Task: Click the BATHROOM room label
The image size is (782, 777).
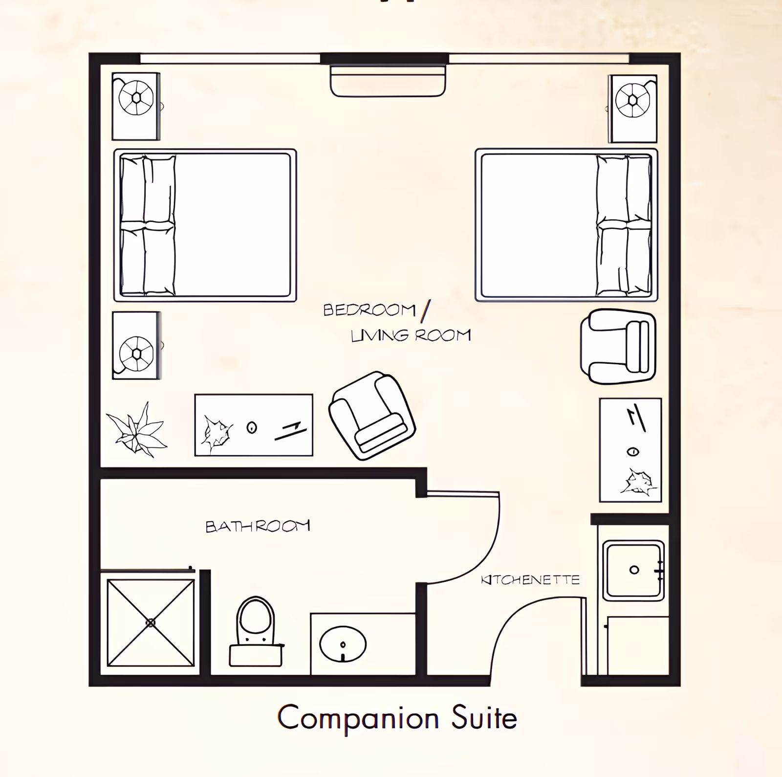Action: point(258,526)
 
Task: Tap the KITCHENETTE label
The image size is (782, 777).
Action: point(530,580)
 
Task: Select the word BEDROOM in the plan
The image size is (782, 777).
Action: point(369,310)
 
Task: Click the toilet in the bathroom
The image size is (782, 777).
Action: point(256,631)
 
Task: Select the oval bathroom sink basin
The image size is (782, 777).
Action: point(343,644)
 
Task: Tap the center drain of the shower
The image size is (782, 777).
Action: point(151,622)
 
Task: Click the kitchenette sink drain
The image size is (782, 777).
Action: point(634,570)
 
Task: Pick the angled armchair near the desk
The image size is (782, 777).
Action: point(372,415)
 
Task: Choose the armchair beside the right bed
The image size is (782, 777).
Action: point(618,346)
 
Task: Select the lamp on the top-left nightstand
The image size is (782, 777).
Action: point(136,98)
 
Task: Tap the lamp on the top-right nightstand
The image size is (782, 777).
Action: point(632,100)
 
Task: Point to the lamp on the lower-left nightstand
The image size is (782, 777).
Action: point(136,354)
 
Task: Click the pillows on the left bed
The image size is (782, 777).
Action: point(148,225)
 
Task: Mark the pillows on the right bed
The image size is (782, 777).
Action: point(624,225)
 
